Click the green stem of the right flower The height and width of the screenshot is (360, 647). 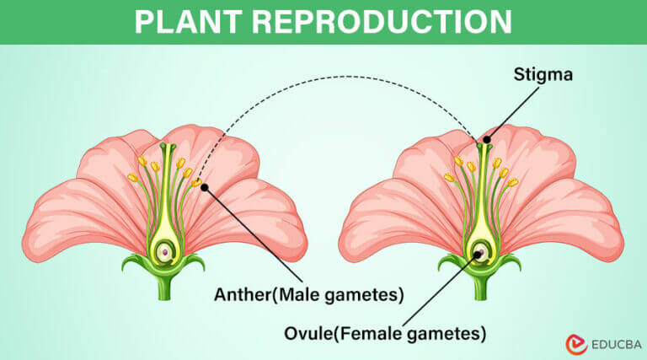(x=480, y=287)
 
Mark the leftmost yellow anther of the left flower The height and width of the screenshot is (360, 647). (x=131, y=178)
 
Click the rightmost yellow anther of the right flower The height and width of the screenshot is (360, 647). (x=512, y=182)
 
